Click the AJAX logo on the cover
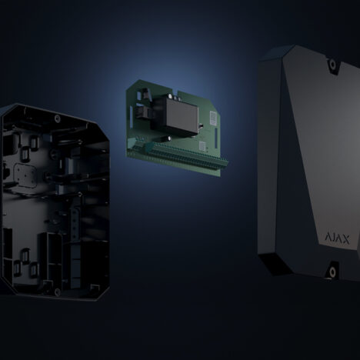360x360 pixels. pyautogui.click(x=337, y=238)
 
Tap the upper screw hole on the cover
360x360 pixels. pyautogui.click(x=332, y=63)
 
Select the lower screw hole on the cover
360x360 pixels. pyautogui.click(x=332, y=272)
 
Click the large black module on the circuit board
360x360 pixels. pyautogui.click(x=182, y=115)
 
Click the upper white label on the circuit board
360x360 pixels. pyautogui.click(x=213, y=118)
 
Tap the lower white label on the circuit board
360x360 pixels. pyautogui.click(x=202, y=146)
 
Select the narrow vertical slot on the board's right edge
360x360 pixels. pyautogui.click(x=216, y=135)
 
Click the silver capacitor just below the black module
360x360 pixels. pyautogui.click(x=170, y=138)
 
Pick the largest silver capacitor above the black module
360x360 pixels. pyautogui.click(x=170, y=95)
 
